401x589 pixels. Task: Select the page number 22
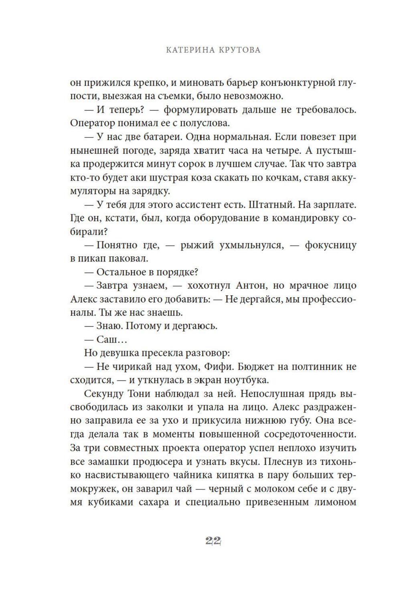213,541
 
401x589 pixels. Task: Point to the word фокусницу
330,245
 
